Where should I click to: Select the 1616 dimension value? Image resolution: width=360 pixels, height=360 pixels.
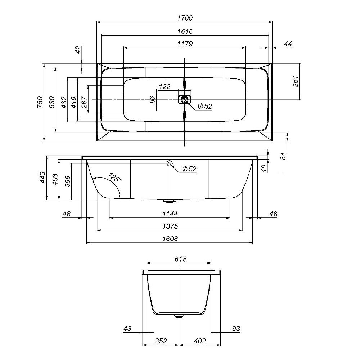[x=185, y=31]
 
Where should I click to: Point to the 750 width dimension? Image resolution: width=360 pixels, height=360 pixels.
[x=40, y=102]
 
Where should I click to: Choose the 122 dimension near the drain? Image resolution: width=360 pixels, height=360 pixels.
[x=165, y=86]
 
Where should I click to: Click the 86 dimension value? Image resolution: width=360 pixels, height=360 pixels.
[x=152, y=99]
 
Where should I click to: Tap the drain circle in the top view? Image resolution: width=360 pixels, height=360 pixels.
[x=185, y=99]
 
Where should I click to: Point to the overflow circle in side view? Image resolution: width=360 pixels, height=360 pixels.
[x=170, y=163]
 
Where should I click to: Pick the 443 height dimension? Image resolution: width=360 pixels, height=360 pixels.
[x=43, y=177]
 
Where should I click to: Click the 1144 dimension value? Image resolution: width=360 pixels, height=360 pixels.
[x=170, y=214]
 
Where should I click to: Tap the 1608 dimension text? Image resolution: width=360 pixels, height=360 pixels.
[x=170, y=239]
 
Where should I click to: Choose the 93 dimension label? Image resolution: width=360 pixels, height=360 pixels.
[x=236, y=328]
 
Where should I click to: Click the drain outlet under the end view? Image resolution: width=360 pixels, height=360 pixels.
[x=179, y=316]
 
